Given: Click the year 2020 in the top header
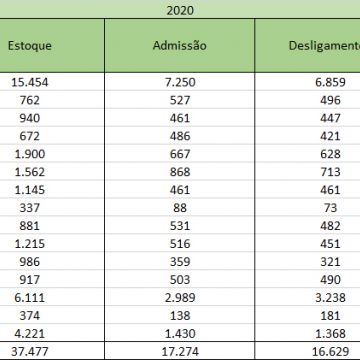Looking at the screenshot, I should coord(180,12).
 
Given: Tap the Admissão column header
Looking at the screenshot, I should coord(180,48).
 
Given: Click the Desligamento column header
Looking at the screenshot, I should coord(320,48).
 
